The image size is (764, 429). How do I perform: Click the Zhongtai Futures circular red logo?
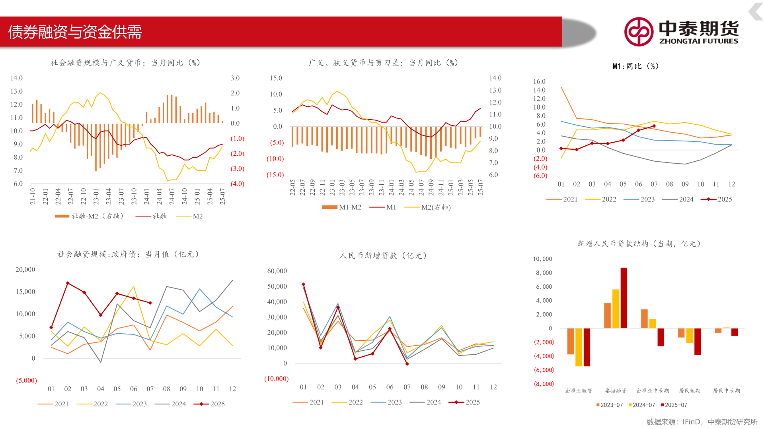coord(638,32)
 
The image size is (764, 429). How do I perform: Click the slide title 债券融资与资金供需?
coord(75,32)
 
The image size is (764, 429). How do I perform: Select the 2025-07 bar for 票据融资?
coord(624,298)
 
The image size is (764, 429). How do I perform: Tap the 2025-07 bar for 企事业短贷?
coord(587,347)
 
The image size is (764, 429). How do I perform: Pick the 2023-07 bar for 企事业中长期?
coord(644,319)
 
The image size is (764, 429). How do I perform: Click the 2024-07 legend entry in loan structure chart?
coord(641,405)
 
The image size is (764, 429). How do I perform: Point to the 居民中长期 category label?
coord(726,390)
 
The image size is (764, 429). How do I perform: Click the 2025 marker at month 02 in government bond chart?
coord(68,283)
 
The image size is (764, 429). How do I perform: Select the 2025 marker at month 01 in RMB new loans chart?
coord(303,284)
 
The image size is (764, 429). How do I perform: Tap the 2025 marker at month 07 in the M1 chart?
coord(654,126)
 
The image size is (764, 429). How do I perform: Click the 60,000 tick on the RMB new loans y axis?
coord(277,271)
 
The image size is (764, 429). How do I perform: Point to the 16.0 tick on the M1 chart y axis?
coord(539,81)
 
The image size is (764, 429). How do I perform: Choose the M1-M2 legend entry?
coord(342,207)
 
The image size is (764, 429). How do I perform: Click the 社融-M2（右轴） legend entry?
coord(89,216)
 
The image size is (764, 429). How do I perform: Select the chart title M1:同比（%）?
coord(635,66)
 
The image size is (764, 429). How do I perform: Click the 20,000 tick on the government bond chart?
coord(25,269)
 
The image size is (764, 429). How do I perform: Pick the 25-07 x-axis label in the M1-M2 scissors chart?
coord(481,187)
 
